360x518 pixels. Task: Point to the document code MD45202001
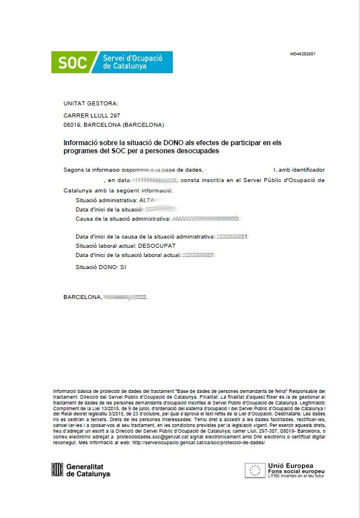[x=302, y=54]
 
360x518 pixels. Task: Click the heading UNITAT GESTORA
[x=90, y=104]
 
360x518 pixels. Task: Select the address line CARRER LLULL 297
[x=92, y=116]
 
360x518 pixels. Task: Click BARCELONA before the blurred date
[x=82, y=297]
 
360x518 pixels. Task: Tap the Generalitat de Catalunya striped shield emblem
[x=56, y=470]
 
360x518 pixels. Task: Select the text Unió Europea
[x=290, y=465]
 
